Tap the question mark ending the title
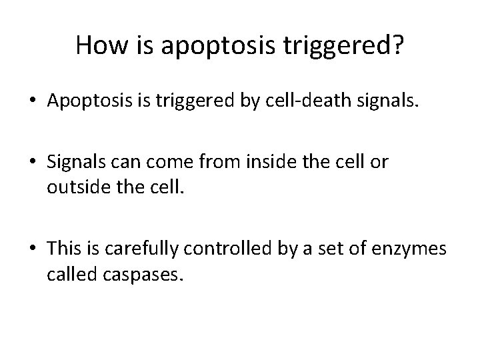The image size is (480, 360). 397,45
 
